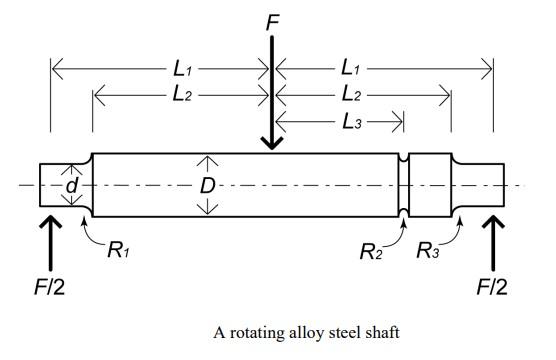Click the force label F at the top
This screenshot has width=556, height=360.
click(271, 18)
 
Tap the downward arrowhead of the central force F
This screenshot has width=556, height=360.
click(271, 143)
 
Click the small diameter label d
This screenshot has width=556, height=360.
click(71, 186)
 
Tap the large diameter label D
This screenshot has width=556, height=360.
click(207, 186)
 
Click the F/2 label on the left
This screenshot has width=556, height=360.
click(52, 286)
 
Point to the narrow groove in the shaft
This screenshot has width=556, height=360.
click(404, 185)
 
